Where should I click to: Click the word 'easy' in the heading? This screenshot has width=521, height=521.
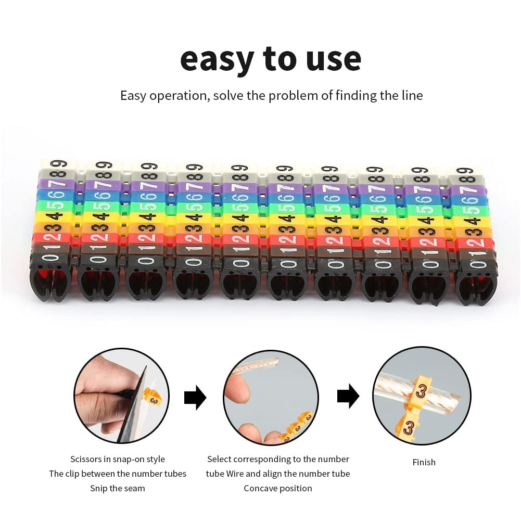coord(218,60)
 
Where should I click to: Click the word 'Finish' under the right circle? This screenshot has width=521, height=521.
coord(424,462)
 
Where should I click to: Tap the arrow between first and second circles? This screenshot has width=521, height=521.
coord(195,398)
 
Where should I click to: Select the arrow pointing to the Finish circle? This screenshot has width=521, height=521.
coord(348,396)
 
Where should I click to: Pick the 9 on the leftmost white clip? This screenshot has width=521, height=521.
coord(59,164)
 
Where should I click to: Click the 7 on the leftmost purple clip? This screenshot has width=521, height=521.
coord(56,184)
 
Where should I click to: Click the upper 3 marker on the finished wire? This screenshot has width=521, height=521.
coord(421,390)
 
